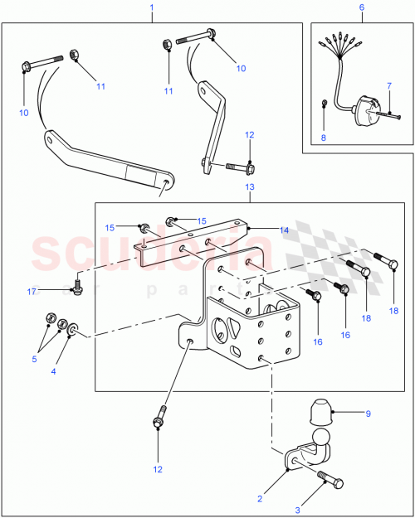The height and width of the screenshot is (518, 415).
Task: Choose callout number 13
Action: [x=249, y=188]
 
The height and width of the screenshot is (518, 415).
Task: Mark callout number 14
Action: [x=283, y=230]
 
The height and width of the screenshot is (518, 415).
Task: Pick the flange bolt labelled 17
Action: [x=76, y=284]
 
